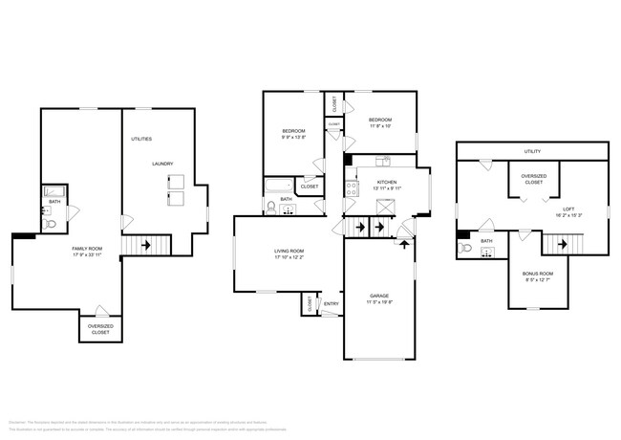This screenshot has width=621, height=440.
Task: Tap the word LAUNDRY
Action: tap(161, 164)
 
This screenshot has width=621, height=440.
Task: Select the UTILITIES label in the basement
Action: tap(141, 139)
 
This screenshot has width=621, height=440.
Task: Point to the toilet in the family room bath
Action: tap(53, 223)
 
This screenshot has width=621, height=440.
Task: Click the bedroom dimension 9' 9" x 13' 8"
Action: tap(292, 138)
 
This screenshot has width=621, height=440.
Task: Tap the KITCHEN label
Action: tap(386, 182)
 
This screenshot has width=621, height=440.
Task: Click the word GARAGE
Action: tap(379, 296)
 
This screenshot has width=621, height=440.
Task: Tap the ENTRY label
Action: tap(332, 303)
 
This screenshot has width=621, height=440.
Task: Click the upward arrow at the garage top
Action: tap(405, 243)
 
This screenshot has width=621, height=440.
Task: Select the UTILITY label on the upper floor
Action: tap(532, 151)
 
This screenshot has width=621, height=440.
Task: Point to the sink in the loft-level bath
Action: tap(487, 253)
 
